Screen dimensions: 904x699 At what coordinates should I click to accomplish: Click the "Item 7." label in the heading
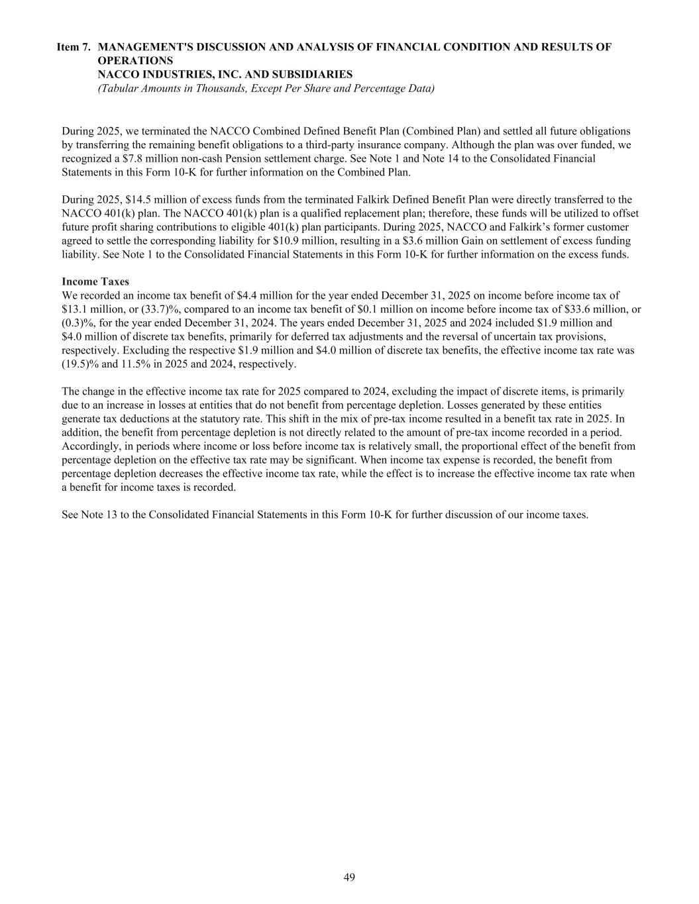point(74,47)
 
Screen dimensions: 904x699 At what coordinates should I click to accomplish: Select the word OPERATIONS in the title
point(136,61)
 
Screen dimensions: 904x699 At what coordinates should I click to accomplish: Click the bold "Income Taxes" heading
point(95,282)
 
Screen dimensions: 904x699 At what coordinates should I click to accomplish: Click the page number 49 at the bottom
point(349,878)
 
